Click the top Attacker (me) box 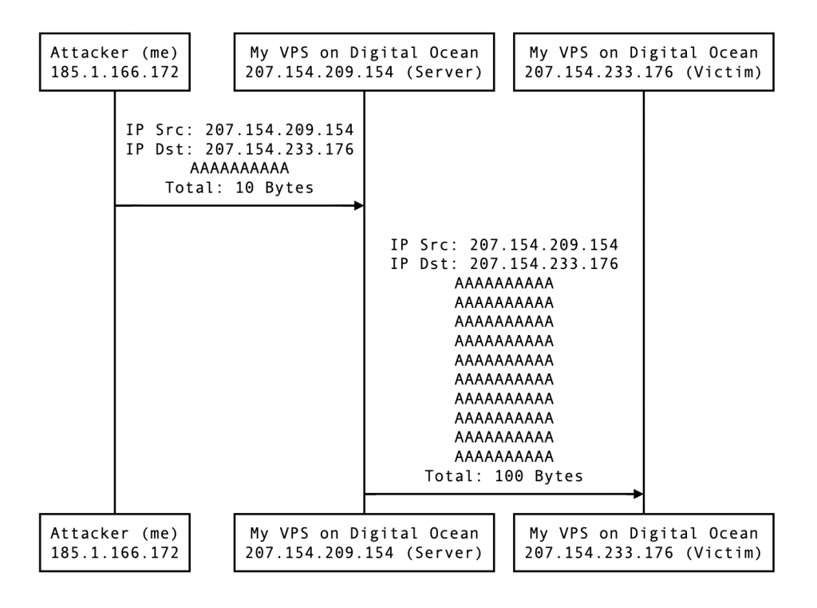tap(115, 62)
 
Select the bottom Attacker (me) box tap(115, 543)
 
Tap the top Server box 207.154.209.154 tap(364, 62)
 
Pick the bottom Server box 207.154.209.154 tap(364, 543)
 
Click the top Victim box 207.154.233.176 tap(643, 62)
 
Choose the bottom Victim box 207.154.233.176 tap(643, 543)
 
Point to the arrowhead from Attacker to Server tap(358, 206)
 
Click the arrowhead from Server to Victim tap(637, 494)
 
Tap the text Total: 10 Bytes tap(239, 188)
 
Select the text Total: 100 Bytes tap(503, 476)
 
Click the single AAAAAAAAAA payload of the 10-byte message tap(239, 169)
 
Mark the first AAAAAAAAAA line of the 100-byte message tap(503, 283)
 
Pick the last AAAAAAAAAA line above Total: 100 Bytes tap(503, 457)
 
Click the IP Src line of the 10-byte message tap(239, 130)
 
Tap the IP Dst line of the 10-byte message tap(239, 149)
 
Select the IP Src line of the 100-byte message tap(503, 244)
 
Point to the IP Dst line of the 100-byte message tap(503, 264)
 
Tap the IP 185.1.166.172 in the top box tap(115, 73)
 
